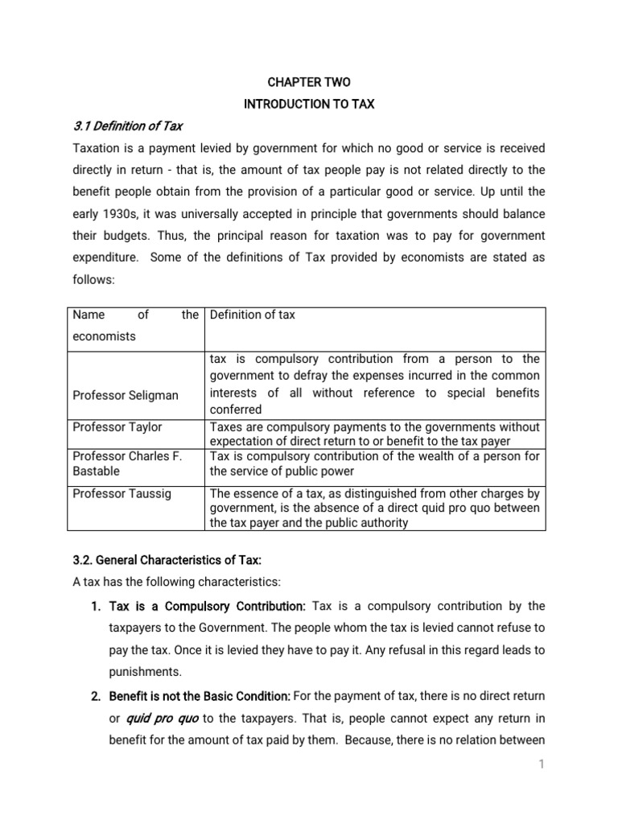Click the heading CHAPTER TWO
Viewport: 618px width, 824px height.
click(x=309, y=82)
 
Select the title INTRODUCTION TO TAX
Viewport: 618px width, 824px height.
click(x=309, y=105)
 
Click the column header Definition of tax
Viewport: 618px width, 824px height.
click(x=252, y=315)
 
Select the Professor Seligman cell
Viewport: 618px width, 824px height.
click(x=126, y=395)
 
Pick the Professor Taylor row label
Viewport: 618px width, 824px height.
click(x=117, y=426)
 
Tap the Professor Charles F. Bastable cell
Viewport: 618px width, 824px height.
click(x=127, y=463)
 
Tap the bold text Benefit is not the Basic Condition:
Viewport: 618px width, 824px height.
click(x=200, y=695)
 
